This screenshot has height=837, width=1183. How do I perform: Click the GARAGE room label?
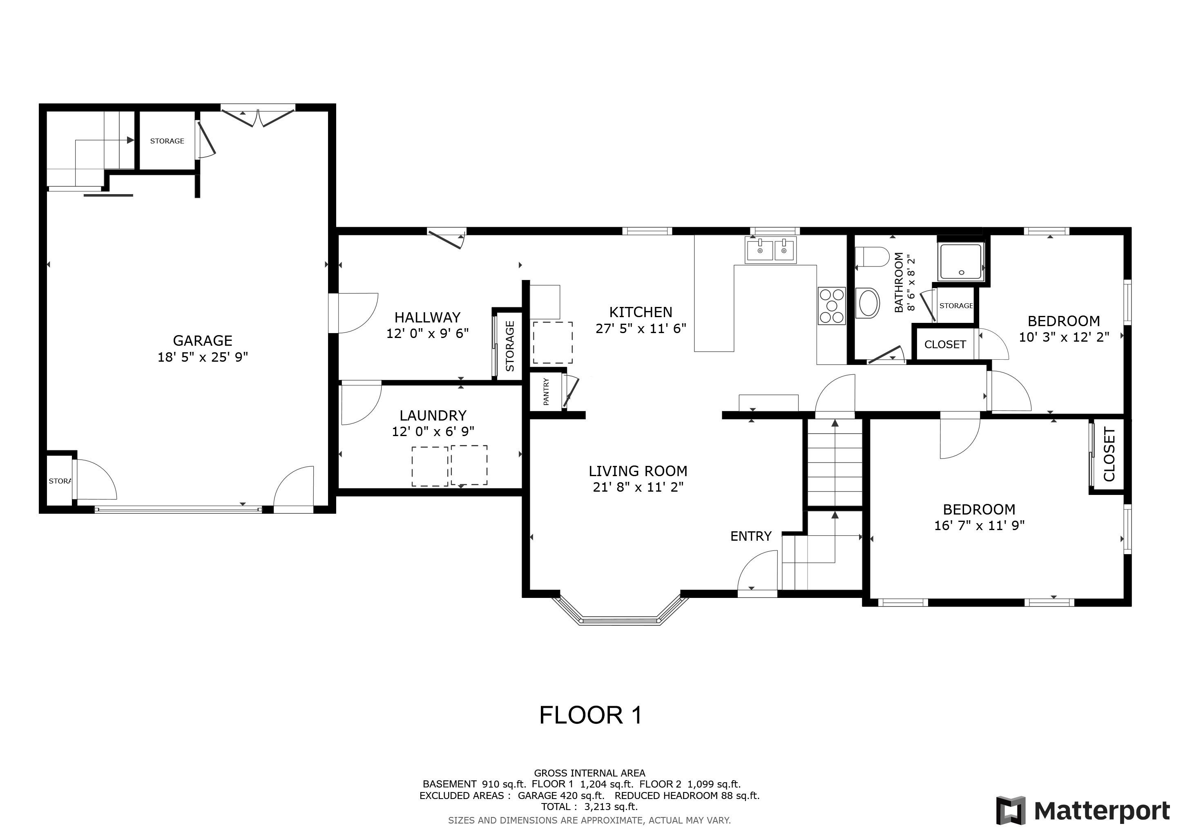tap(203, 341)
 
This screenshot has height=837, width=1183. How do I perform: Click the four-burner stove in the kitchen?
tap(832, 306)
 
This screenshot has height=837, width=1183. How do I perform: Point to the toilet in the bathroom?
tap(872, 257)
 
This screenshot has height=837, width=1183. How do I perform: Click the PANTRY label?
tap(546, 391)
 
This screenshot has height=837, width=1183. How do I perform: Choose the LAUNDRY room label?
tap(433, 415)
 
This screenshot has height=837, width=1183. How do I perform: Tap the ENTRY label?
tap(751, 537)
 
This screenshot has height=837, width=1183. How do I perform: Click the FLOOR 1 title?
tap(590, 715)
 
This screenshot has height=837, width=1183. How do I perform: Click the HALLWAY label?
tap(427, 318)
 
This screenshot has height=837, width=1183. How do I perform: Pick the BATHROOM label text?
tap(899, 282)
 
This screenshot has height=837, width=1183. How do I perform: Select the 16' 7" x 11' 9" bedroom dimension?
tap(980, 526)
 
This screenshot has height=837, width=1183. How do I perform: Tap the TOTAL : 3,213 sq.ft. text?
tap(589, 807)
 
